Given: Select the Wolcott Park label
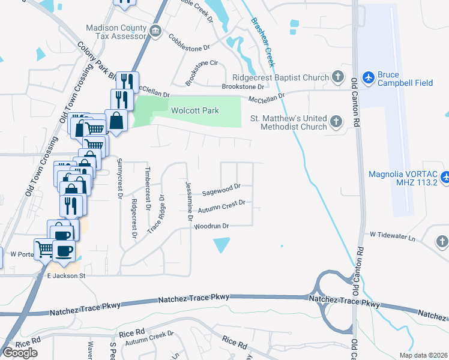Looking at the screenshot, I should point(195,110).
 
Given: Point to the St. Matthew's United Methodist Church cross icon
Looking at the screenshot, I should point(336,122).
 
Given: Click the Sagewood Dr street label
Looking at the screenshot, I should point(221,190).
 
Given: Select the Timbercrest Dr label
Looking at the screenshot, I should point(146,187).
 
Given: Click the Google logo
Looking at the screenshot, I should point(20,353).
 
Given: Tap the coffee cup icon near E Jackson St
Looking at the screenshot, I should point(63,250).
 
